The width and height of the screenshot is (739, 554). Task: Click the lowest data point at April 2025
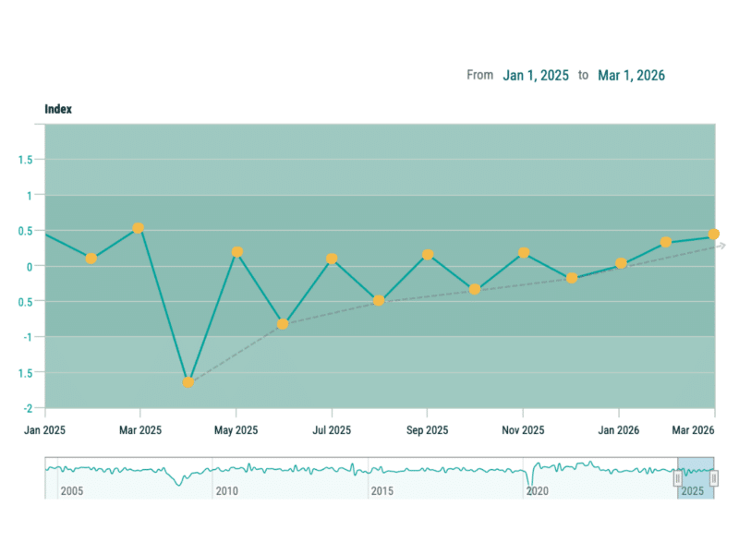[x=188, y=381]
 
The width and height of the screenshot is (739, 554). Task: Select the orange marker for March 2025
[x=139, y=228]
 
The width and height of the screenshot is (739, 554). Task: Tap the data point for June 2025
[x=283, y=324]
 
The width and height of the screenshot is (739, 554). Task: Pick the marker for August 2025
[x=379, y=301]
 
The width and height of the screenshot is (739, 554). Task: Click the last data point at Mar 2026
[x=714, y=235]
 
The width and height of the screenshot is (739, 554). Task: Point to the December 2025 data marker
[x=572, y=278]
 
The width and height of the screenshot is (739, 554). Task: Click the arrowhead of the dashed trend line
[x=722, y=245]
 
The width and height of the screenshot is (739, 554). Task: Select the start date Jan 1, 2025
[x=536, y=75]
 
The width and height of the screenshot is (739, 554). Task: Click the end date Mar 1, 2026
[x=631, y=75]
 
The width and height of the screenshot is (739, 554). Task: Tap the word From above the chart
[x=479, y=75]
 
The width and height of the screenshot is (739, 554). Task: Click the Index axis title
[x=58, y=109]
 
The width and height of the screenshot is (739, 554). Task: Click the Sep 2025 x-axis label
[x=427, y=430]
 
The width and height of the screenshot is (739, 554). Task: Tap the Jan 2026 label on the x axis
[x=619, y=430]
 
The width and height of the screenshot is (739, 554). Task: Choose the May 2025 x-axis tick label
[x=236, y=430]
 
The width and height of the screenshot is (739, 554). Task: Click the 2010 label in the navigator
[x=226, y=491]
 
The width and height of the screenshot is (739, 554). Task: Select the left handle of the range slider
[x=677, y=477]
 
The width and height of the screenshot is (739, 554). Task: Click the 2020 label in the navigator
[x=537, y=491]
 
